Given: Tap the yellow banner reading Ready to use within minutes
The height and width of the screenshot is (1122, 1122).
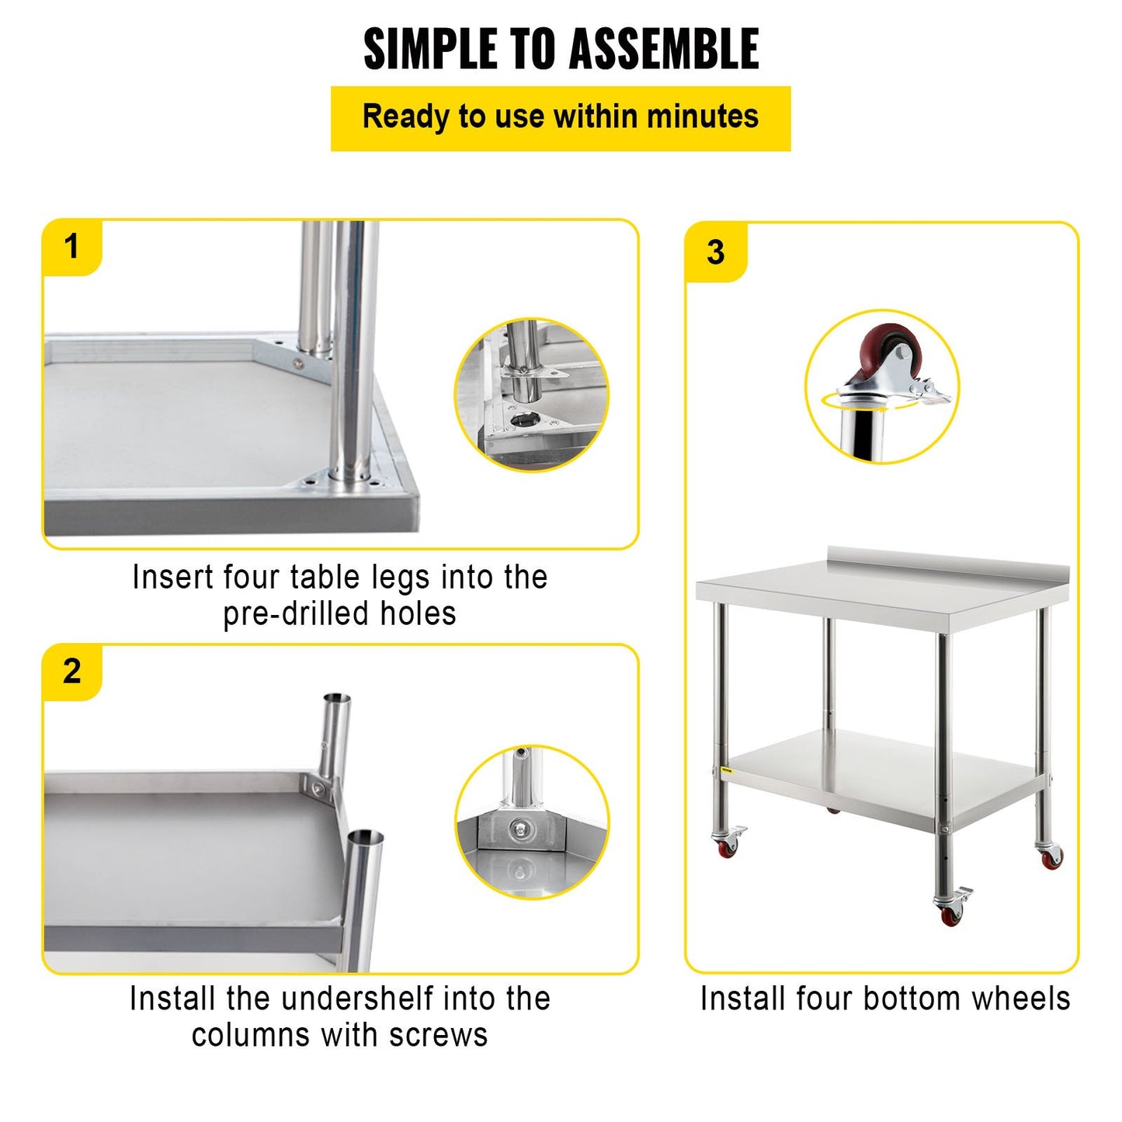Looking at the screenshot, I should (561, 118).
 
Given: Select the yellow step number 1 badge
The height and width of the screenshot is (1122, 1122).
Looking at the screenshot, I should (72, 247).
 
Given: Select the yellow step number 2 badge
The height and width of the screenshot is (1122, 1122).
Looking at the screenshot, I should (72, 671).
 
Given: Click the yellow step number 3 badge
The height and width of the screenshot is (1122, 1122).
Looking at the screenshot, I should (715, 252).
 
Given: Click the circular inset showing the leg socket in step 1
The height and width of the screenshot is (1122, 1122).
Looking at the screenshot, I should (531, 394).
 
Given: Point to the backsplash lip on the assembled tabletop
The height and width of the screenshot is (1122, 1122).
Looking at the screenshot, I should (947, 557).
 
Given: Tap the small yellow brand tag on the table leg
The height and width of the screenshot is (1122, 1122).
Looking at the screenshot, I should (726, 769).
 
